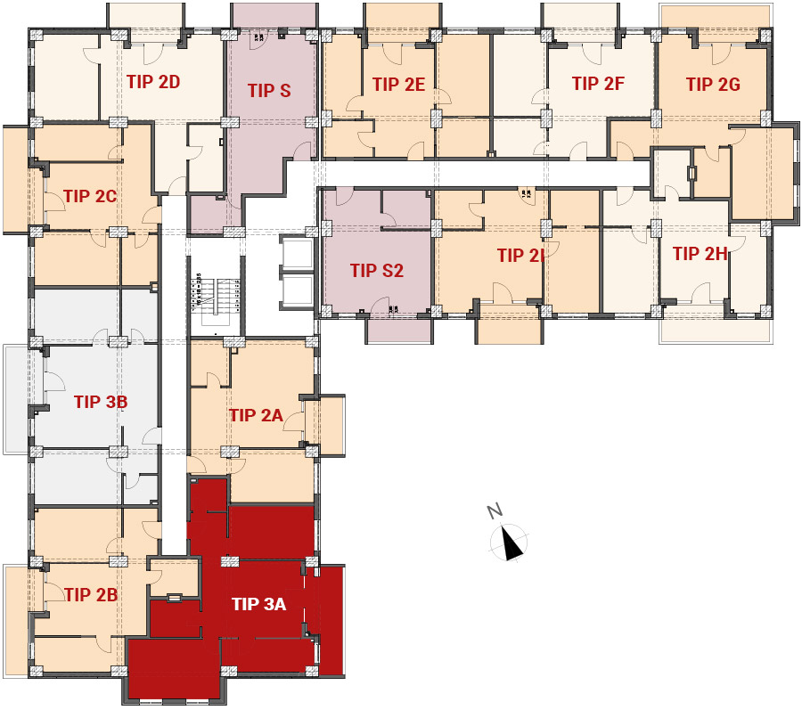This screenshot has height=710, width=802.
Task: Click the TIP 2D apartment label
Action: (153, 82)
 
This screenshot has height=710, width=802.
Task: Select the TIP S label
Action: (269, 91)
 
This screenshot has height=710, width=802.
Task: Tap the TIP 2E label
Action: (399, 85)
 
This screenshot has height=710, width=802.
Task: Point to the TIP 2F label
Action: (599, 84)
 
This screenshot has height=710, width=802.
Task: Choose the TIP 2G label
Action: (714, 85)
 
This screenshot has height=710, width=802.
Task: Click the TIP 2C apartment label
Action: (91, 196)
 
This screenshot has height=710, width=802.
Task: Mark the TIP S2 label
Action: (377, 271)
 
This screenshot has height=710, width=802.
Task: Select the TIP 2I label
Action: (520, 256)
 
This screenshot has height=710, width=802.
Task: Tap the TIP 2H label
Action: (700, 254)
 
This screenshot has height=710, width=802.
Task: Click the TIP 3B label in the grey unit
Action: (101, 402)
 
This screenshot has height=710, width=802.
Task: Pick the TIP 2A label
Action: (257, 415)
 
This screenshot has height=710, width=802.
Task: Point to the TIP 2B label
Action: (91, 594)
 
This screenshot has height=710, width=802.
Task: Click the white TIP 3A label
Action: (258, 604)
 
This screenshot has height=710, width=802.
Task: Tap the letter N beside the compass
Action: (495, 510)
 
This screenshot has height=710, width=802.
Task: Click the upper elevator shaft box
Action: (296, 252)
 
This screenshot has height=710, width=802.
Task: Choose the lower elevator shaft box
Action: (296, 291)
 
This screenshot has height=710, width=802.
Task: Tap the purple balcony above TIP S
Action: (274, 15)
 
